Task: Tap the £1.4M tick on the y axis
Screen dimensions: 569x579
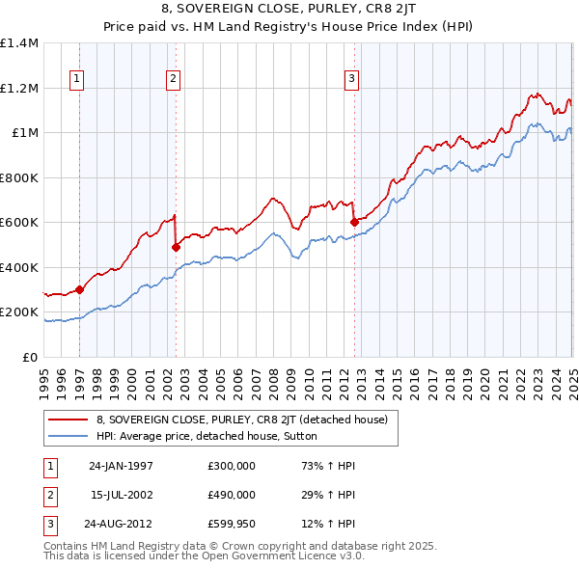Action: (19, 43)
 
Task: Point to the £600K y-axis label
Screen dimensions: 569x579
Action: (19, 223)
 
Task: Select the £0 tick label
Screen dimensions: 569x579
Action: (31, 357)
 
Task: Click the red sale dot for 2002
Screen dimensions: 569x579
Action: (176, 247)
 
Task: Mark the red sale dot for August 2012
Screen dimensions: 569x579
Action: (354, 223)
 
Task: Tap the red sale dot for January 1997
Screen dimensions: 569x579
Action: (80, 289)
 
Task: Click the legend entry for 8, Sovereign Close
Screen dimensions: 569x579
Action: (241, 420)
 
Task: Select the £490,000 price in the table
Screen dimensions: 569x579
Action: (231, 495)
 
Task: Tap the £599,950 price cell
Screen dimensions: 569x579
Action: (231, 524)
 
